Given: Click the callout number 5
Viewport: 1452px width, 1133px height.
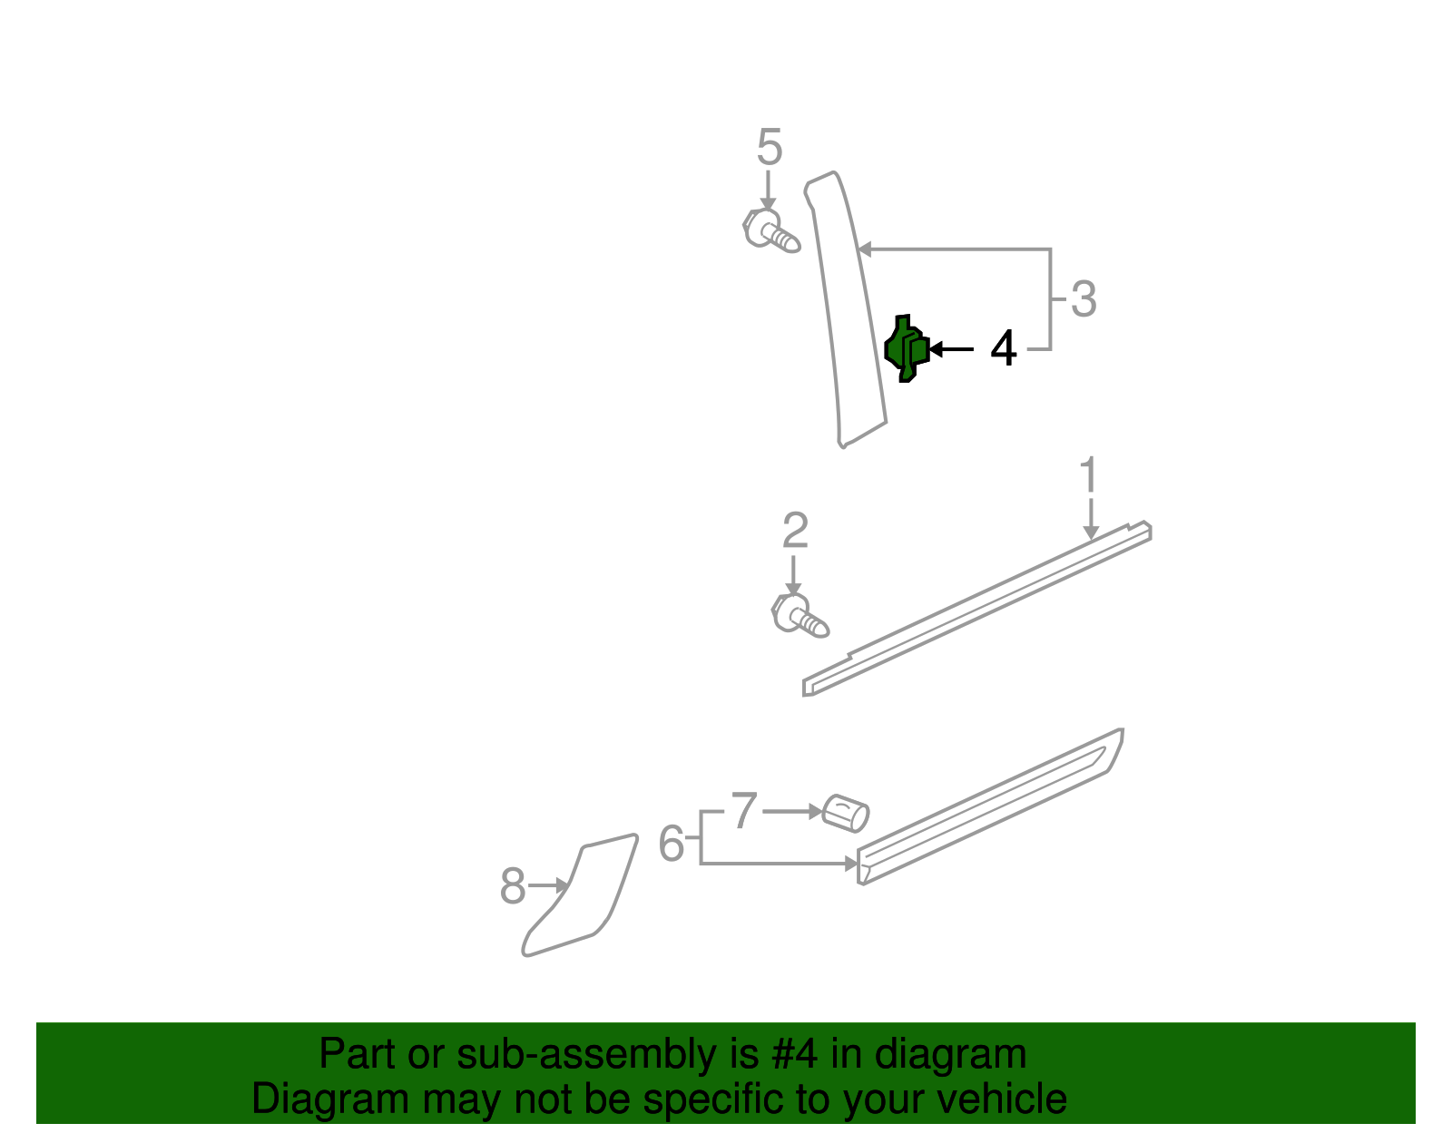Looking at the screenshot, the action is [x=769, y=148].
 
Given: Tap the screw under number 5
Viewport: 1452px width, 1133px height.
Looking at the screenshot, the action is [x=770, y=230].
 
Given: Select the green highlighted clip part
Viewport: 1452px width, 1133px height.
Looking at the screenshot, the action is [x=906, y=348].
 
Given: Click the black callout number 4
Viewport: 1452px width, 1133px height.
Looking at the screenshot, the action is [x=1003, y=349].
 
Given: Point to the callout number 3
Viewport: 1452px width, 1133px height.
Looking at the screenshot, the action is [x=1084, y=299].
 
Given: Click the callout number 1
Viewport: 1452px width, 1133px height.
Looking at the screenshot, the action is [x=1088, y=477].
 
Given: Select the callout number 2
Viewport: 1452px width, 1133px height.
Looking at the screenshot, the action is [x=795, y=532].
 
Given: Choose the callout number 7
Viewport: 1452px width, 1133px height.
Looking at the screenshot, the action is [x=744, y=811].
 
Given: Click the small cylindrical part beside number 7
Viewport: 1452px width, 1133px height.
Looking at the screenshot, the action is [x=845, y=813].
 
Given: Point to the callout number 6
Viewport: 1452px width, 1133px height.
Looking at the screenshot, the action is [x=671, y=844].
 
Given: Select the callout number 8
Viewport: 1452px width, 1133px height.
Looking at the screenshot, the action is [x=513, y=886].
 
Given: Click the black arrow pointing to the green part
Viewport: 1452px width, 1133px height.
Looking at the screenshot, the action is [x=951, y=349].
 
